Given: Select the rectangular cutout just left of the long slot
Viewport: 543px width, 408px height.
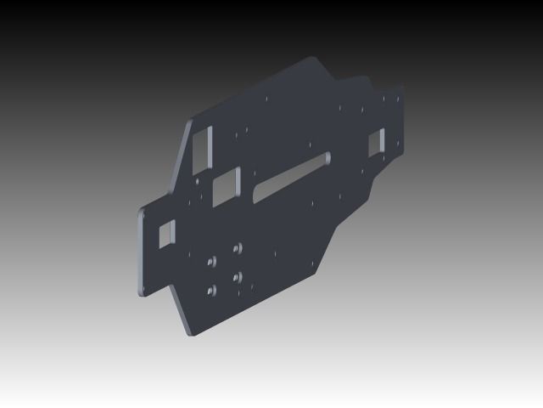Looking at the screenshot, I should tap(227, 184).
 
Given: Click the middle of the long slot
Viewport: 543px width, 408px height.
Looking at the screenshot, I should tap(290, 177).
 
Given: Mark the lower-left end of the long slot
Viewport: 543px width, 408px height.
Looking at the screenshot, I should tap(255, 198).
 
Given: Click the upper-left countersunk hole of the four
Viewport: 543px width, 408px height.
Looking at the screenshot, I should tap(211, 260).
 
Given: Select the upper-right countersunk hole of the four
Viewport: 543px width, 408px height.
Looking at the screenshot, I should tap(238, 247).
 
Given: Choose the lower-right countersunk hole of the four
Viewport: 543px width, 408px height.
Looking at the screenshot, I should tap(238, 276).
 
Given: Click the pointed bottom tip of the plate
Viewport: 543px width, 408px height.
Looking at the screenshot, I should tap(189, 334).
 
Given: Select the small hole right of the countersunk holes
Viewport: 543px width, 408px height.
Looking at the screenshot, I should tap(274, 252).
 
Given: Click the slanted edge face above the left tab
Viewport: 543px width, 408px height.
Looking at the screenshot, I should tap(180, 161).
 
